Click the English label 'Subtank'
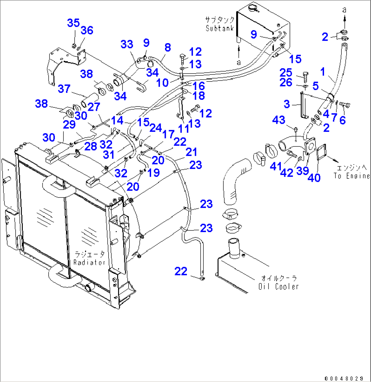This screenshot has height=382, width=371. tap(220, 28)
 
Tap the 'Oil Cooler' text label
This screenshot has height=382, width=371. tap(278, 286)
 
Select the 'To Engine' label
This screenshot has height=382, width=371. tap(351, 176)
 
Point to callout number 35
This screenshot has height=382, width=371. tap(73, 23)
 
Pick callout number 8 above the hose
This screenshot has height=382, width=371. tap(167, 48)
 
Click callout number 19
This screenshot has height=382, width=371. tap(154, 173)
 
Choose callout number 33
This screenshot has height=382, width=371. tap(127, 44)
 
